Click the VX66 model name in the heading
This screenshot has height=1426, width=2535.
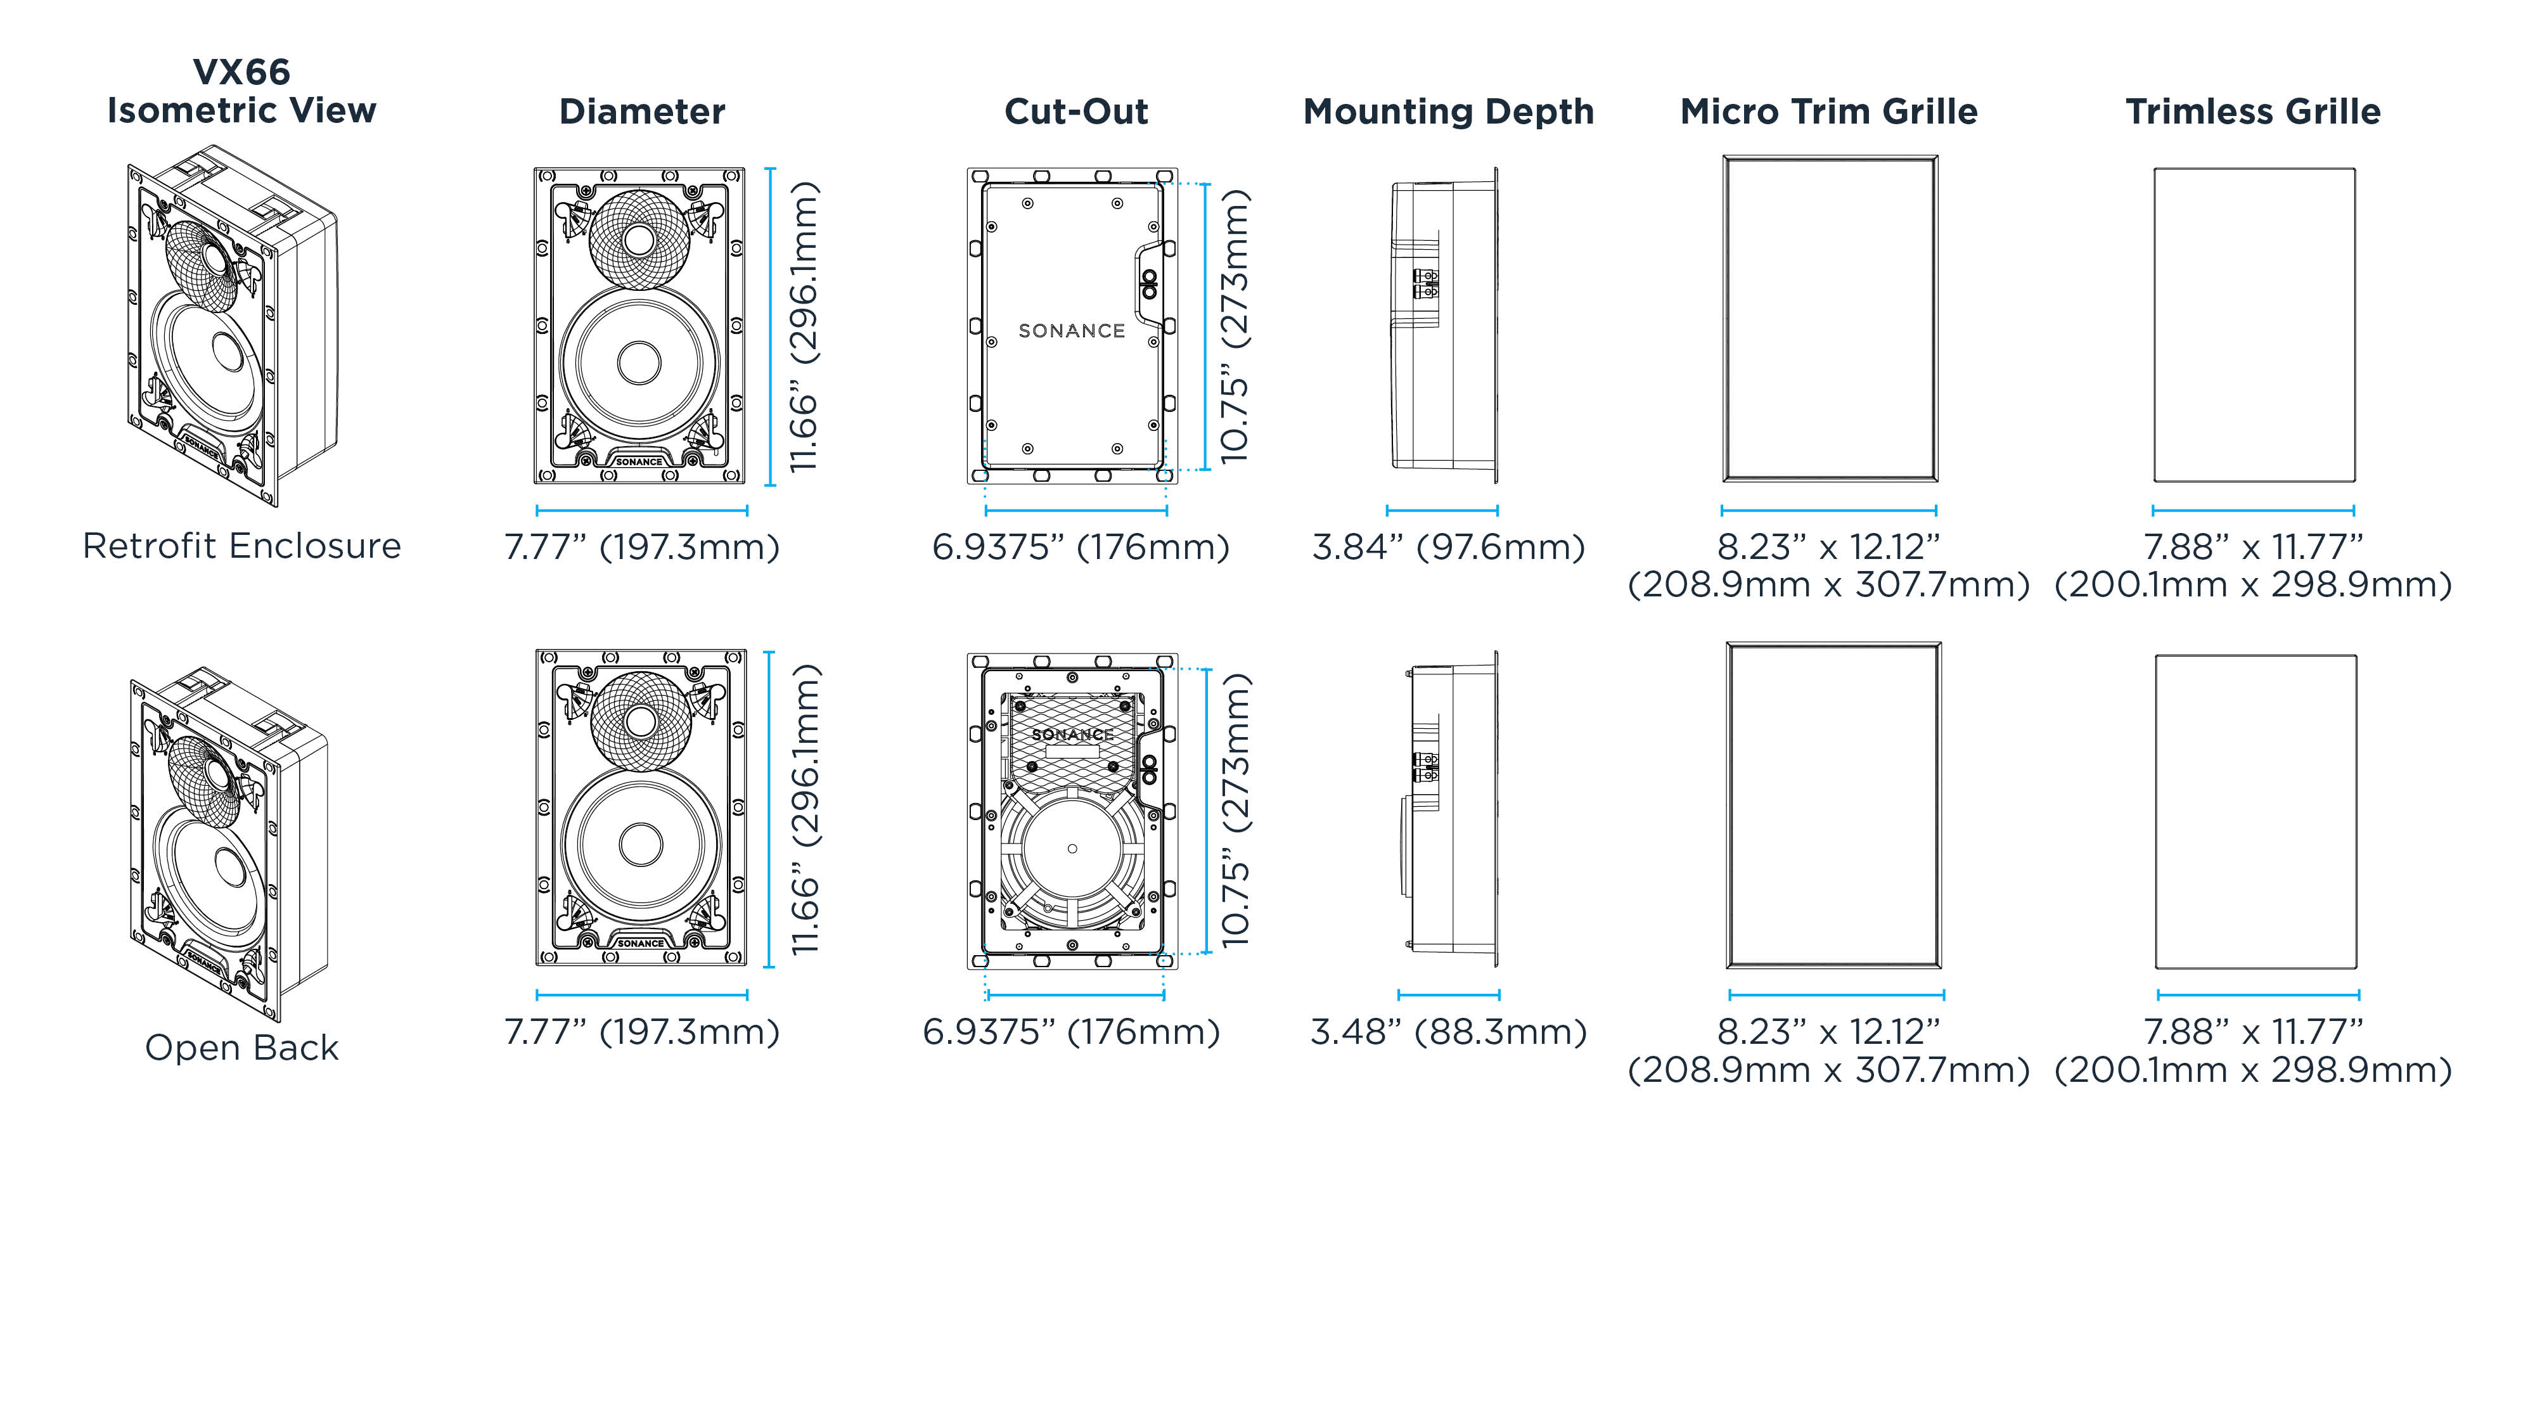pos(241,72)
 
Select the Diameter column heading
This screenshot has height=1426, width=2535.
pos(641,111)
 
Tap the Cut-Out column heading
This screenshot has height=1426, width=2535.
pos(1075,111)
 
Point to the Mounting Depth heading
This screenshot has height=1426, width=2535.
pos(1447,111)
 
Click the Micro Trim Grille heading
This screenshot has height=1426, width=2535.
pos(1828,111)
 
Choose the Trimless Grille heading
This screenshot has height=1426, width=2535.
pos(2252,111)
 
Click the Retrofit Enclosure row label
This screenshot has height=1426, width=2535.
pos(241,545)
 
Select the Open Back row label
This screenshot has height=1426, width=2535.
pos(241,1047)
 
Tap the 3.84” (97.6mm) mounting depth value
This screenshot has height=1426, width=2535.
pos(1447,546)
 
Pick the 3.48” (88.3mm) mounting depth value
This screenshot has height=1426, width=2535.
pos(1447,1031)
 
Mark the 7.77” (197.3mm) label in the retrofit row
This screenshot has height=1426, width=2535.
pos(641,546)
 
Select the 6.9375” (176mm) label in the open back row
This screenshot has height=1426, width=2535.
pos(1070,1031)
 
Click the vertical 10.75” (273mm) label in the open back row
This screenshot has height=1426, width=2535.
pos(1234,810)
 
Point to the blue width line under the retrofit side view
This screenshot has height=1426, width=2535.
pos(1442,510)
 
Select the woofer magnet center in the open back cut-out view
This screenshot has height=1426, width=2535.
pos(1072,849)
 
